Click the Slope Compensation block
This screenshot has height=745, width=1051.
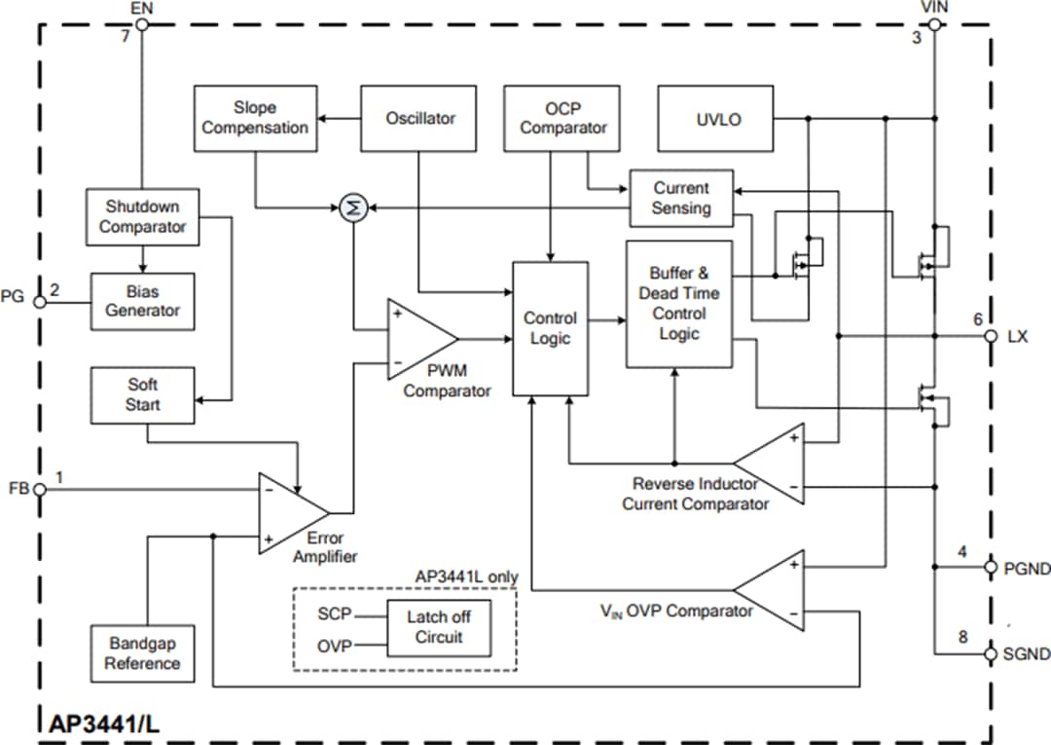pyautogui.click(x=255, y=118)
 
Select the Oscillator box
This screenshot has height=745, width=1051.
pyautogui.click(x=420, y=118)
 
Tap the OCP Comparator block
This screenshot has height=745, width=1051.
pyautogui.click(x=562, y=118)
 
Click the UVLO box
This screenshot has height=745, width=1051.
pyautogui.click(x=717, y=119)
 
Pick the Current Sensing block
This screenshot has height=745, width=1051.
pyautogui.click(x=681, y=198)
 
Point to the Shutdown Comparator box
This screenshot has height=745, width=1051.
pyautogui.click(x=142, y=216)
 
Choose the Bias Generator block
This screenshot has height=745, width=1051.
pyautogui.click(x=142, y=301)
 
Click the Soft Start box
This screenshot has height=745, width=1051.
pyautogui.click(x=142, y=395)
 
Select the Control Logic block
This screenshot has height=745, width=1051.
pyautogui.click(x=550, y=329)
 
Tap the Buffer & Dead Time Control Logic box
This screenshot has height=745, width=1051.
pyautogui.click(x=678, y=304)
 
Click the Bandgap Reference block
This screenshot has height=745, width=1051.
pyautogui.click(x=142, y=653)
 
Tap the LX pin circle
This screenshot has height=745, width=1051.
pyautogui.click(x=991, y=336)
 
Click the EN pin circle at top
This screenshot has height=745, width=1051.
pyautogui.click(x=142, y=24)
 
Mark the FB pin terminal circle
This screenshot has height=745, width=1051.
pyautogui.click(x=40, y=489)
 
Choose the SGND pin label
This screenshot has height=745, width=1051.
pyautogui.click(x=1026, y=654)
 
